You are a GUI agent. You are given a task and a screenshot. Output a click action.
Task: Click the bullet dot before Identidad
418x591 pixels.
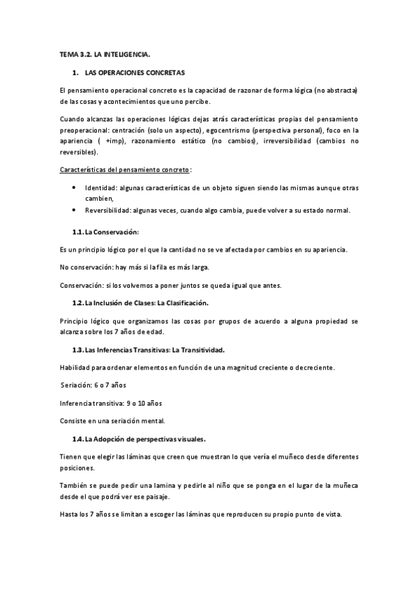(x=75, y=188)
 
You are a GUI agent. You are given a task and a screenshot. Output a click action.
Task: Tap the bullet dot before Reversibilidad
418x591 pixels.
(x=75, y=210)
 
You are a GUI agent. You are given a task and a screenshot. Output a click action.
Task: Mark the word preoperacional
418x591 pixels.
(x=88, y=130)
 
